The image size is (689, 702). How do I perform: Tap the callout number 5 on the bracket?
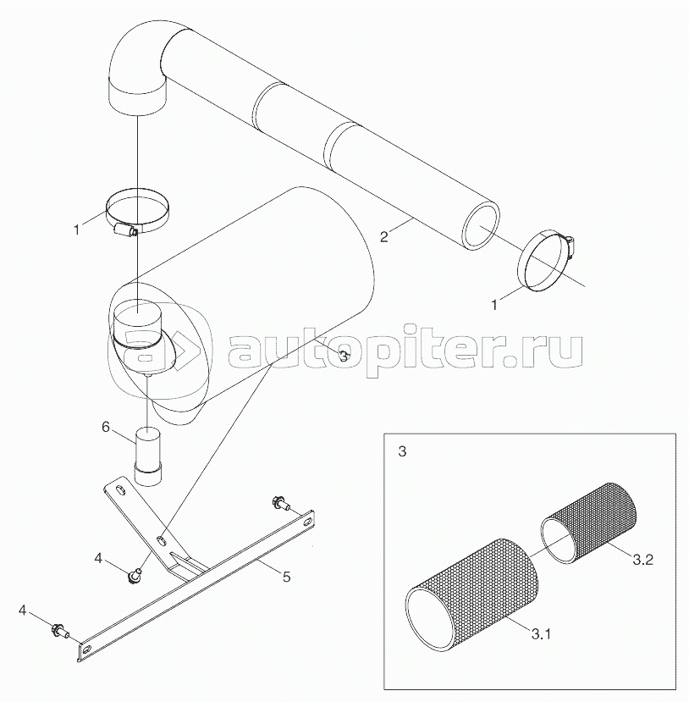point(286,577)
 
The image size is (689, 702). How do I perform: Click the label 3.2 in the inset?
point(643,559)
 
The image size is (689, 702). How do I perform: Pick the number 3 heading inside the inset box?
point(402,452)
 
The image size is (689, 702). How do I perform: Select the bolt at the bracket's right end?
point(279,504)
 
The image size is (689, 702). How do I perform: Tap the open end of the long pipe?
point(481,226)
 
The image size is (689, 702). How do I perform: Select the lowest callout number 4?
point(24,609)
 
